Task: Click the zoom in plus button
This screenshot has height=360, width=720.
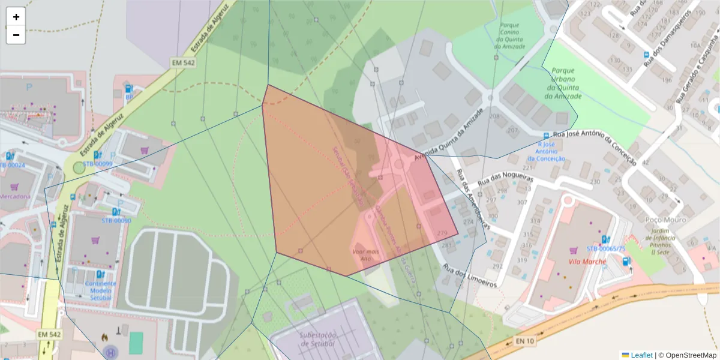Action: (16, 17)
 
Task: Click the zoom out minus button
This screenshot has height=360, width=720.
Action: (16, 35)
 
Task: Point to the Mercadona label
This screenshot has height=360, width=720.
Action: (15, 197)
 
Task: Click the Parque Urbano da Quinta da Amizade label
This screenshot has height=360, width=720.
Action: (563, 83)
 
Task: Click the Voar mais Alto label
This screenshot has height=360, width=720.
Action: (366, 254)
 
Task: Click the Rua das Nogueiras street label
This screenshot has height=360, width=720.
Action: (505, 179)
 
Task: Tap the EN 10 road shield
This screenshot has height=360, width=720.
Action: (524, 341)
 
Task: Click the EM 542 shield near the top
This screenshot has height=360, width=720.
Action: (183, 62)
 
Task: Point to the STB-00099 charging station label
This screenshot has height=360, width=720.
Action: (98, 164)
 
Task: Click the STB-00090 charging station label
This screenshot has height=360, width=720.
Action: (116, 220)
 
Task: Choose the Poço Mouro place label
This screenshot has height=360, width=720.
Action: (665, 220)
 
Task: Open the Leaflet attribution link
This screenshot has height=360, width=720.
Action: (641, 355)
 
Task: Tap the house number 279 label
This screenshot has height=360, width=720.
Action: (443, 233)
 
